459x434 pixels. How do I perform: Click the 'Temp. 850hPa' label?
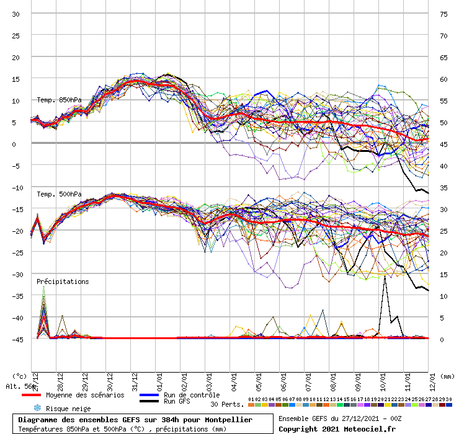[59, 100]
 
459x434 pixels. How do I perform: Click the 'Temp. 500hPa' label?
[59, 193]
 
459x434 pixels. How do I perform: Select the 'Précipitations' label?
[63, 281]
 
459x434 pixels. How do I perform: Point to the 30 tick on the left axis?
[16, 14]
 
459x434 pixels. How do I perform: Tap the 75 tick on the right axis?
[443, 14]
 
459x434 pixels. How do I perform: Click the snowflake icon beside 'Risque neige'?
[37, 408]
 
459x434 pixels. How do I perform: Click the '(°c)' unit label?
[20, 376]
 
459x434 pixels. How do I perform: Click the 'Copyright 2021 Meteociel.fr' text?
[336, 428]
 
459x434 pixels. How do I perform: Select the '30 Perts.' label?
[227, 404]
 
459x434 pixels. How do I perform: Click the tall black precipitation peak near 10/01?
[385, 277]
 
